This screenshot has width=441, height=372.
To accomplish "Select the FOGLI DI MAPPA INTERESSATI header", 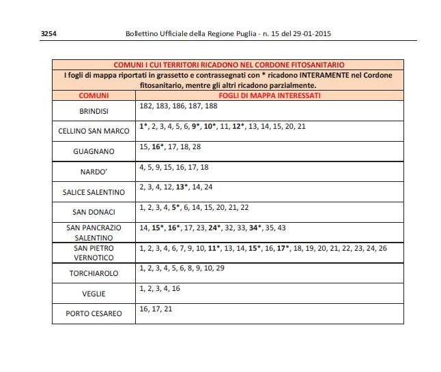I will [x=264, y=95].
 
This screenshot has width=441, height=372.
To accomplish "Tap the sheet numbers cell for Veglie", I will [x=159, y=289].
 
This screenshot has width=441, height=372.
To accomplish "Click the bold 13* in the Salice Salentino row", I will [x=182, y=187].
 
